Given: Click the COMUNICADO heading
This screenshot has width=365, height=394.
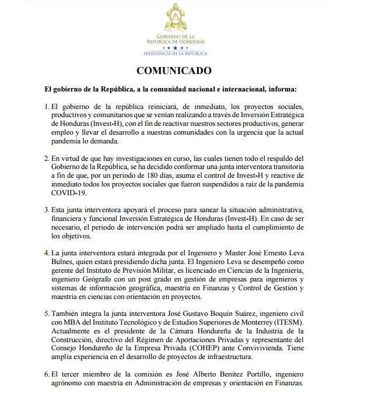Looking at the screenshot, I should pyautogui.click(x=174, y=71).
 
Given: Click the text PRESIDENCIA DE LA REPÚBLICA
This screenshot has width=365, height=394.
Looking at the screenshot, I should pyautogui.click(x=175, y=53).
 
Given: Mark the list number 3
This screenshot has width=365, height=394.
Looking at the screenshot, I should pyautogui.click(x=46, y=209).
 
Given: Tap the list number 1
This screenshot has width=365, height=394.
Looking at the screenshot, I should pyautogui.click(x=46, y=107).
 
